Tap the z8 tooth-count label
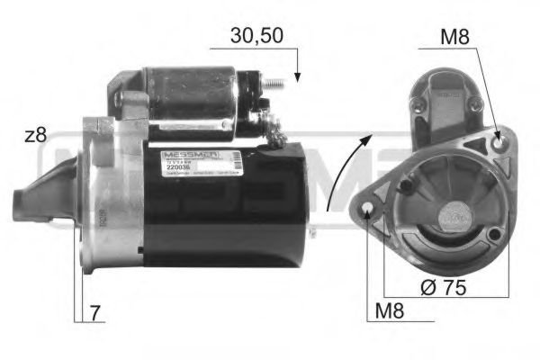pos(35,137)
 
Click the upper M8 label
pos(455,38)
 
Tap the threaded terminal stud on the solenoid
pos(280,86)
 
